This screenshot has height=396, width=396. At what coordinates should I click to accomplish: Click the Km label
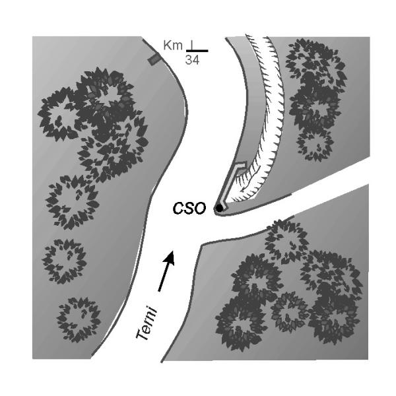(x=172, y=45)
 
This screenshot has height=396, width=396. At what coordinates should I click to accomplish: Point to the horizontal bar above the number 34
(x=197, y=51)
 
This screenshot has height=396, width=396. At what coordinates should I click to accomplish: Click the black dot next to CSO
(x=218, y=209)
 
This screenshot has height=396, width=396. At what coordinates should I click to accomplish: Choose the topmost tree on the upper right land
(x=315, y=64)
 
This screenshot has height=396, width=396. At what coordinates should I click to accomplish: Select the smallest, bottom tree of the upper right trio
(x=313, y=142)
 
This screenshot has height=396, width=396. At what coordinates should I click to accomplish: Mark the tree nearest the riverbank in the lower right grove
(x=286, y=238)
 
